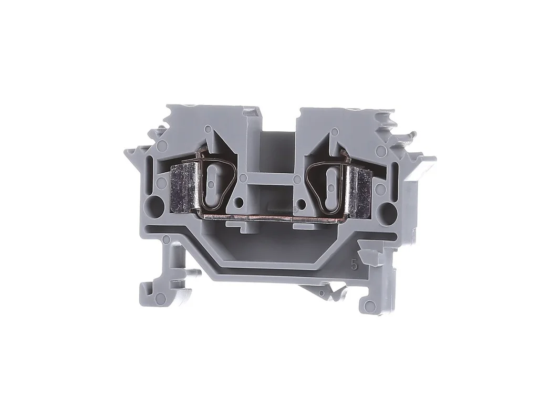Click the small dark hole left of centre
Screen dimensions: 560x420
point(240,203)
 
